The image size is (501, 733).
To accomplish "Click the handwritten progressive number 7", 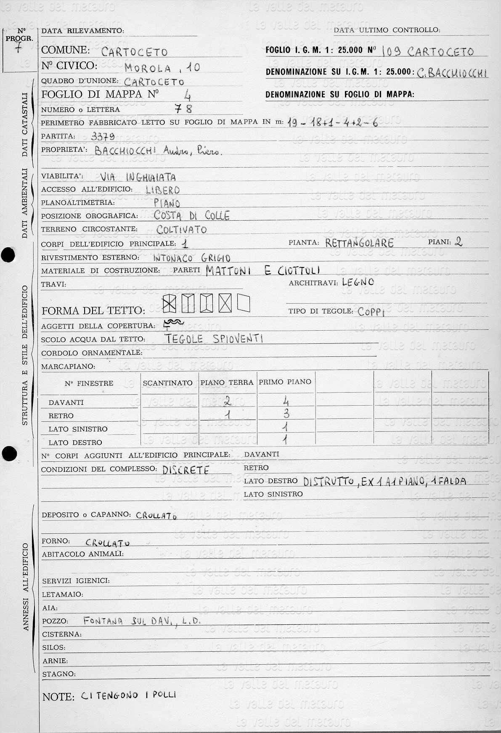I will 17,47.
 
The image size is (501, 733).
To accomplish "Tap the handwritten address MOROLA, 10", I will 162,67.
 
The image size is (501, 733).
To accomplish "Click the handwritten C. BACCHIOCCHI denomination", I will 452,73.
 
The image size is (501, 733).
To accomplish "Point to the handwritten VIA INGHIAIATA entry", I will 138,177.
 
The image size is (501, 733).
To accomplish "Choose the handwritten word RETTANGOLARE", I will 359,243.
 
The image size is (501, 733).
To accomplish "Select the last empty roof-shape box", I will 244,302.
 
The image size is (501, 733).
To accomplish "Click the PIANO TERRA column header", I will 227,383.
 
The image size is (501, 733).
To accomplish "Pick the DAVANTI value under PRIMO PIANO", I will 286,401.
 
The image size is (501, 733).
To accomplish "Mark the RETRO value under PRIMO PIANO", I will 286,414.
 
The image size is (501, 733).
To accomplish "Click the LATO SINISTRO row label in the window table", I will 78,429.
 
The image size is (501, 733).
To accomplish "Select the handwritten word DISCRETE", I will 186,470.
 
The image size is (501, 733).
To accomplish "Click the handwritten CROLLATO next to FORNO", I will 107,543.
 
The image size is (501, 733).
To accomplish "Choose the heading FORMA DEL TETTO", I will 93,311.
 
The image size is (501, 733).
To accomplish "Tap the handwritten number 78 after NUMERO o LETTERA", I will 184,109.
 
